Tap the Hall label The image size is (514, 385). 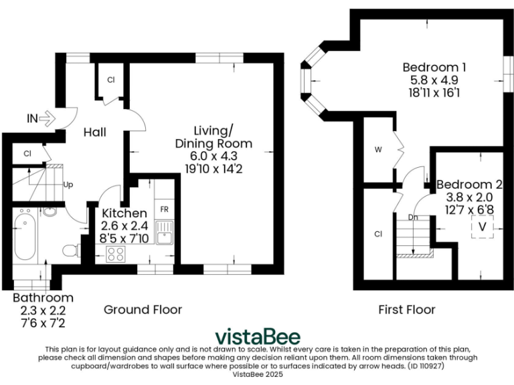pos(95,132)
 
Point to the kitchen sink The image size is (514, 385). pos(165,235)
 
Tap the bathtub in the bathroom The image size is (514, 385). pos(25,236)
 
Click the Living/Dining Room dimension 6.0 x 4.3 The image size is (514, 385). pos(213,156)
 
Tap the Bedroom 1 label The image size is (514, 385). pos(434,68)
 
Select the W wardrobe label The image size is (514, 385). pos(378,150)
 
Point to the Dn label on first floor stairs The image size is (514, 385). pos(413,218)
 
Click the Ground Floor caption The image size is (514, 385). pos(143,309)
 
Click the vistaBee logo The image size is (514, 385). pos(257,336)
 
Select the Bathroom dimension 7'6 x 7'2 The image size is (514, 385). pos(43,323)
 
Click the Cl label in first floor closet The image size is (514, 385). pos(378,234)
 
